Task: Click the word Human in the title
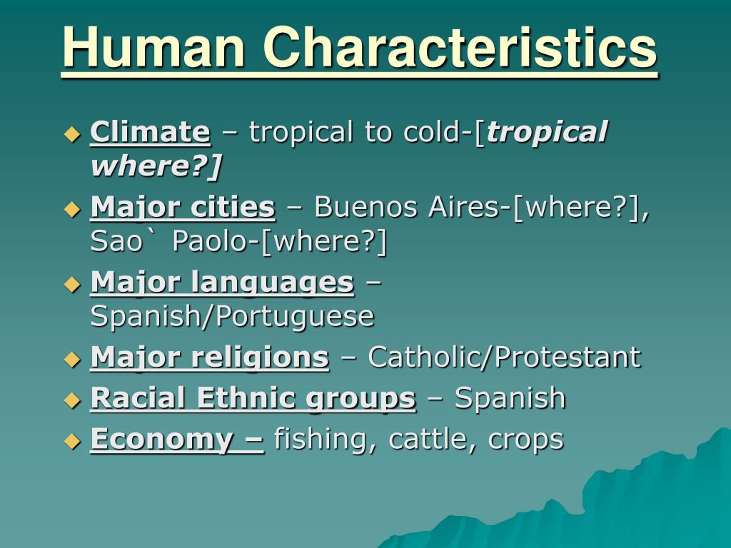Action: point(154,47)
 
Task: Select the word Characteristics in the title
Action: point(460,47)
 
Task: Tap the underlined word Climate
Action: point(150,131)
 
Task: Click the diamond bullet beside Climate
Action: point(72,134)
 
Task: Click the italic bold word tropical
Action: point(546,132)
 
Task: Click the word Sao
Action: point(116,241)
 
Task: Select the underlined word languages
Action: point(272,283)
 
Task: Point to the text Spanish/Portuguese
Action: point(232,316)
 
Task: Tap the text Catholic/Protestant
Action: point(505,357)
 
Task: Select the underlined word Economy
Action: point(161,440)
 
